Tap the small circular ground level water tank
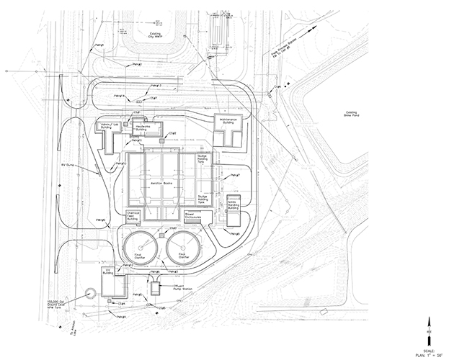click(x=89, y=293)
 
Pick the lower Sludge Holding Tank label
click(x=206, y=197)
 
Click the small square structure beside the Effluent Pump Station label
click(x=156, y=287)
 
